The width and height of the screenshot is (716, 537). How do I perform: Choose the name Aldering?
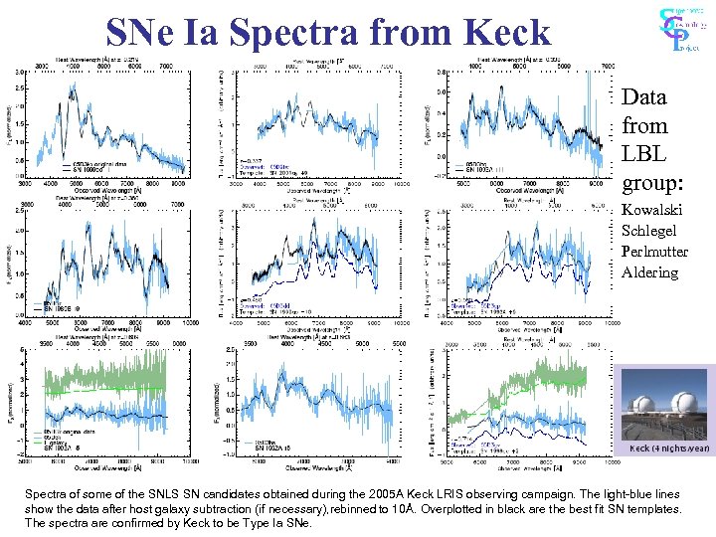click(650, 272)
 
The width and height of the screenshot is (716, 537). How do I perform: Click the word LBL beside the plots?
click(642, 155)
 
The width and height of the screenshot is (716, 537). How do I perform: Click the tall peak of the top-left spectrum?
click(72, 91)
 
